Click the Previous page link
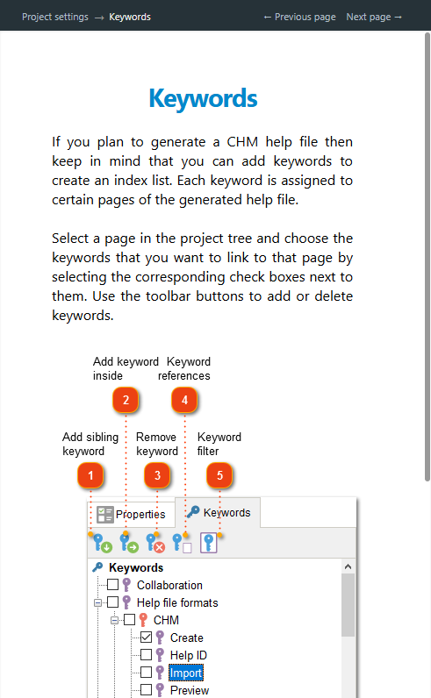coord(299,17)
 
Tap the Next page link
coord(374,17)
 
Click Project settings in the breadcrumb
coord(55,17)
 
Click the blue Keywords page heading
coord(204,98)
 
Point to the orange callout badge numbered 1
coord(90,475)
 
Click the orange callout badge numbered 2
coord(126,400)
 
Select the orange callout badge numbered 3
coord(157,475)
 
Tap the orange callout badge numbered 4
coord(184,400)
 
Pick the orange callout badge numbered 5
coord(219,475)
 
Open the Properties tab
coord(131,514)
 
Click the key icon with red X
coord(155,543)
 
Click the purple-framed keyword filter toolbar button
coord(209,543)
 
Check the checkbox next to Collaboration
coord(112,585)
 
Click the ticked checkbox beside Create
coord(147,637)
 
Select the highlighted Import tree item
coord(186,673)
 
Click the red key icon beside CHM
coord(143,620)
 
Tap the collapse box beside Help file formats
coord(97,602)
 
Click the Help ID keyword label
coord(189,655)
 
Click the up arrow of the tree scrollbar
coord(348,566)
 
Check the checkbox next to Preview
coord(147,690)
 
